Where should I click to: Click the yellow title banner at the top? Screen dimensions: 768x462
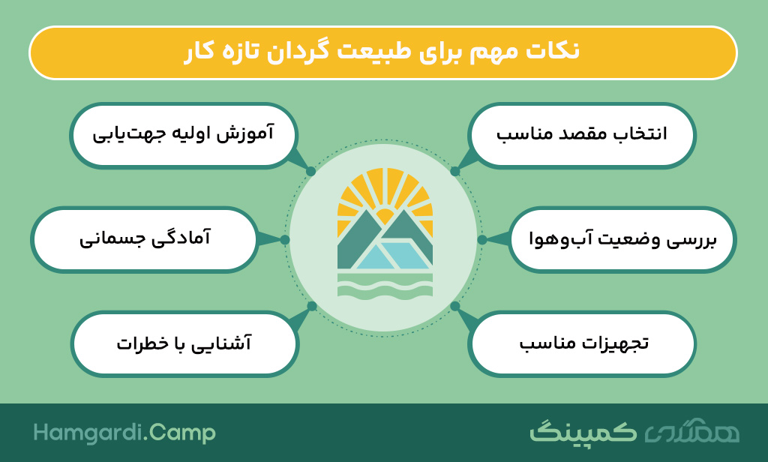[383, 52]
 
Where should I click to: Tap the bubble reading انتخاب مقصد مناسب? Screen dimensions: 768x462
[582, 135]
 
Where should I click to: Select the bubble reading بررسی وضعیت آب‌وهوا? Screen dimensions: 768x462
[622, 239]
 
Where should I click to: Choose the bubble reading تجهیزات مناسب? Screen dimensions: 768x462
[582, 343]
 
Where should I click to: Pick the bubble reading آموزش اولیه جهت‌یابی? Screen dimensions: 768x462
[184, 135]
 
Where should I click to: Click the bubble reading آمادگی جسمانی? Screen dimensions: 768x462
[144, 239]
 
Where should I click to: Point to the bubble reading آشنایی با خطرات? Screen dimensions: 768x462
[184, 343]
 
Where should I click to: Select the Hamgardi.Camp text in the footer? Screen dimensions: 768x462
[124, 433]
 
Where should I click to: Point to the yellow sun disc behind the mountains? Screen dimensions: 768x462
[385, 216]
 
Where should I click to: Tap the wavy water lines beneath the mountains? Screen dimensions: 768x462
[385, 285]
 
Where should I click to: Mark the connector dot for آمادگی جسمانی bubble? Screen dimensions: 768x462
[284, 239]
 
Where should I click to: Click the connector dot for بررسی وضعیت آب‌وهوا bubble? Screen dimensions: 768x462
[482, 239]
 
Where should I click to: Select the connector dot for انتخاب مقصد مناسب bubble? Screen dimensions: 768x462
[454, 172]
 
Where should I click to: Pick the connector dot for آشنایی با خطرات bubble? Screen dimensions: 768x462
[312, 306]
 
